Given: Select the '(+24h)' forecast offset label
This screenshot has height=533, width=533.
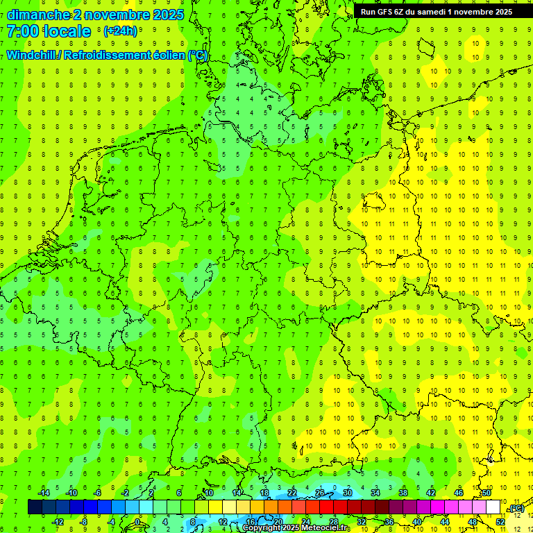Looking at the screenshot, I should pos(120,31).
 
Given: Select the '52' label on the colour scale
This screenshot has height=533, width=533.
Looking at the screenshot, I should pos(500,522).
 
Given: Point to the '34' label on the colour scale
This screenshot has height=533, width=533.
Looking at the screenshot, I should pos(375,493).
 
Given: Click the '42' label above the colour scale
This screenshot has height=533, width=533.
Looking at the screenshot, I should pos(431,493).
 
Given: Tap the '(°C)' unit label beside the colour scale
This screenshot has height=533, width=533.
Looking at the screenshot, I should pos(516,509).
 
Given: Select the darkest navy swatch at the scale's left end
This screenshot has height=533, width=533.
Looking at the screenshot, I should pos(35,507).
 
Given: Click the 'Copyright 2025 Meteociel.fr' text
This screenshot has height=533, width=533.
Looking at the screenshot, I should pos(295,528).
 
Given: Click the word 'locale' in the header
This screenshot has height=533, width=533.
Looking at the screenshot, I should pos(67,31).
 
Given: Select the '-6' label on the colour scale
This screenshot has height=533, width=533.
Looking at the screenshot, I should pos(98,493).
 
